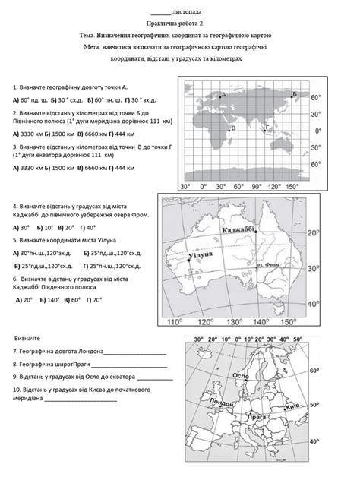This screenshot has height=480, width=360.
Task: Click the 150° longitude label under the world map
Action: coord(292,185)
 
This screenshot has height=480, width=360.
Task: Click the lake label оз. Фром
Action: coord(269,265)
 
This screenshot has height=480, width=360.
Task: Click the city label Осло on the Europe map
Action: coord(240,377)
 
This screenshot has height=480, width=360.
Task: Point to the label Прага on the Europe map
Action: coord(255,416)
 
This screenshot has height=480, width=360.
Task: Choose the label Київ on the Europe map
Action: coord(290,408)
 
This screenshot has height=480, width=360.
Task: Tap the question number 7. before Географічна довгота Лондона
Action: coord(16,351)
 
